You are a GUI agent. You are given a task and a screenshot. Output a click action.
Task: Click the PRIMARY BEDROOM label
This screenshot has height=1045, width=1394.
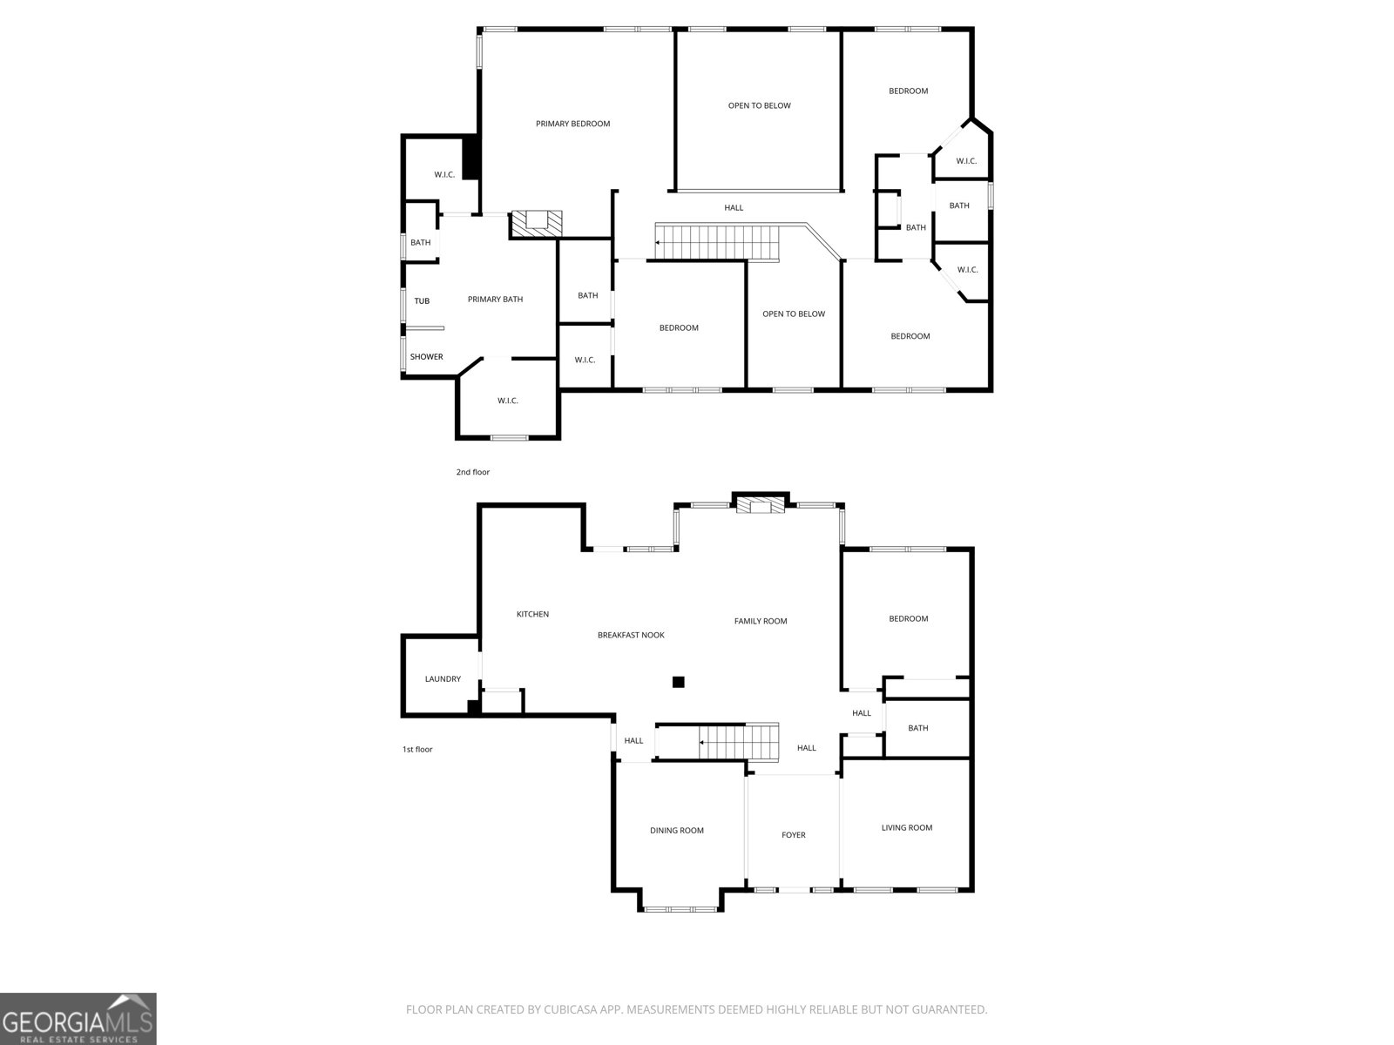[572, 124]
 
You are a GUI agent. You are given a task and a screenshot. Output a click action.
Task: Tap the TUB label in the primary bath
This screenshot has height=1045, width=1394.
[422, 301]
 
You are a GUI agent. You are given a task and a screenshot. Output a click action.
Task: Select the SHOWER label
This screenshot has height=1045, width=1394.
[427, 357]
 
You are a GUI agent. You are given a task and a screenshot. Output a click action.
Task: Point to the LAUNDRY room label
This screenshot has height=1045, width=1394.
[443, 679]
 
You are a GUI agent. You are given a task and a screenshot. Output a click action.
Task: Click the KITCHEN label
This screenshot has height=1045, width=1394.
[532, 615]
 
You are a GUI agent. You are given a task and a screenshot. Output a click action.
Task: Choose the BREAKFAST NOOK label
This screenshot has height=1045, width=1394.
[631, 636]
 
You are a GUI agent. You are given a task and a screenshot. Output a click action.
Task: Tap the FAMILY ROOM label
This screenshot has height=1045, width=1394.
[761, 622]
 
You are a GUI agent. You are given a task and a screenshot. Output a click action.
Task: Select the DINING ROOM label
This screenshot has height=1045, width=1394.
[677, 831]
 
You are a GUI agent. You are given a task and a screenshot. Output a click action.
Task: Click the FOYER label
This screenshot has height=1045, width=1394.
[794, 835]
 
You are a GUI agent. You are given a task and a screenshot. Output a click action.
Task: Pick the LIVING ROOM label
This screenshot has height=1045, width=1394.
[907, 828]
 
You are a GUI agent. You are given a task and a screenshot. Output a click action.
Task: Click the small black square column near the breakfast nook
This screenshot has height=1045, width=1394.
[679, 682]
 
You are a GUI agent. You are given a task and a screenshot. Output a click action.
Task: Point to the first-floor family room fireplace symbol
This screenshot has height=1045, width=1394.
[761, 506]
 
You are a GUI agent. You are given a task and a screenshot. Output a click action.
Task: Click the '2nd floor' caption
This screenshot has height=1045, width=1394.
[473, 473]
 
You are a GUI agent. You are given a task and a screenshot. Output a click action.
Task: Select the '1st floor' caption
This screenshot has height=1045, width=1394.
[417, 750]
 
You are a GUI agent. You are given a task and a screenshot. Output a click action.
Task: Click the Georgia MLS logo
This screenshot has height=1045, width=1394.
[78, 1019]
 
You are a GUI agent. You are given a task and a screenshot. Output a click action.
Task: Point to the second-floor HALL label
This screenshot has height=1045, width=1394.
[734, 208]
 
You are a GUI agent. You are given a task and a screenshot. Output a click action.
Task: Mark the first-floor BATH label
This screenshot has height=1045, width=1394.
[918, 728]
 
